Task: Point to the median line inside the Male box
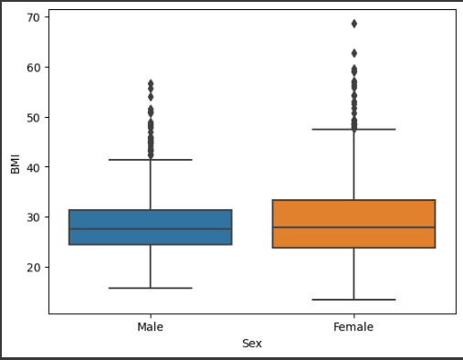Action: [x=151, y=229]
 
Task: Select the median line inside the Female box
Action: [x=353, y=227]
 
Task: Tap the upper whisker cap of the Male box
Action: [x=151, y=160]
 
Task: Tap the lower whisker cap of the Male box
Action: [x=151, y=288]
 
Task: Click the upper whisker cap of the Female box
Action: [x=353, y=130]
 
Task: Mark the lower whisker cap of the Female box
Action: [x=353, y=300]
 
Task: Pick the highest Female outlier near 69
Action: [x=353, y=24]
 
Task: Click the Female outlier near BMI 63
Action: [x=353, y=53]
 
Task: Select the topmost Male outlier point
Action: [x=151, y=83]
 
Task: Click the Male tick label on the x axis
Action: [x=151, y=326]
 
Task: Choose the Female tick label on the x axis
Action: [x=353, y=326]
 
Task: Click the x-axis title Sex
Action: [x=252, y=344]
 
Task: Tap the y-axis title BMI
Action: [x=15, y=162]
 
